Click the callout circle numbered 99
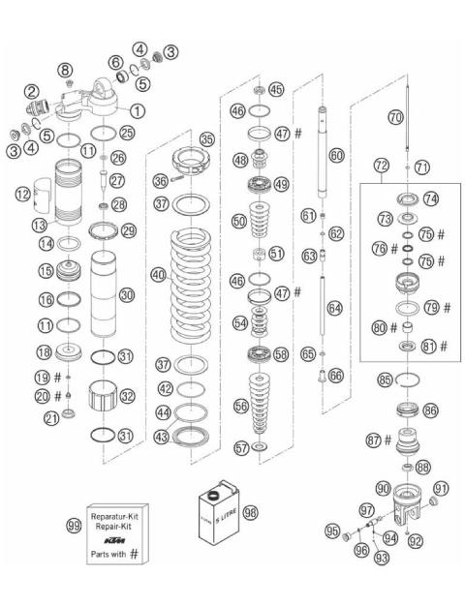point(73,525)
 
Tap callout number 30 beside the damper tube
point(128,294)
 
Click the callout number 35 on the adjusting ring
point(206,138)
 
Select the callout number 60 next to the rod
point(336,154)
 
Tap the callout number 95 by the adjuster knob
point(332,531)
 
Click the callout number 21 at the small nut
point(50,417)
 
